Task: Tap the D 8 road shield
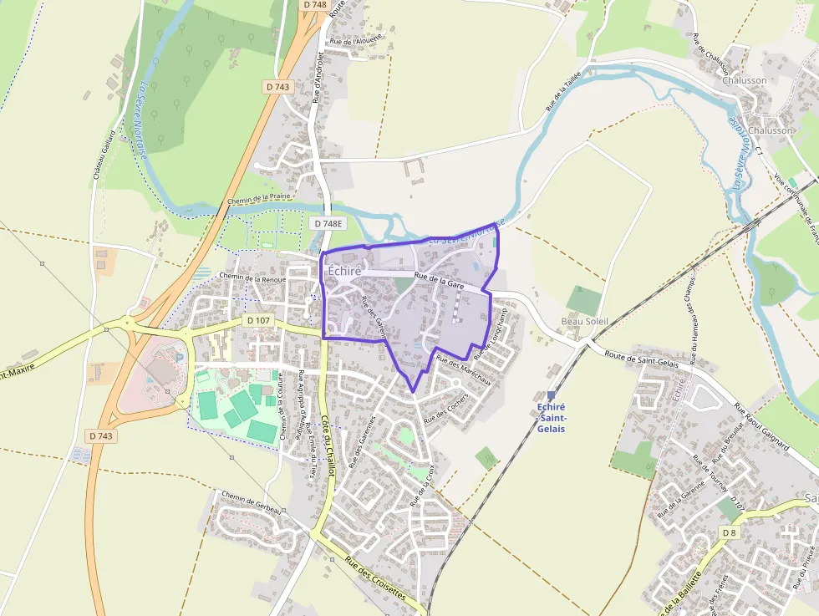729,533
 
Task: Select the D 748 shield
314,5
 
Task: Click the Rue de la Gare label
439,281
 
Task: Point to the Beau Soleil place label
584,321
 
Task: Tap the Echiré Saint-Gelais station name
551,417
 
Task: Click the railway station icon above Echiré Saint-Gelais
551,395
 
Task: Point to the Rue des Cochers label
446,407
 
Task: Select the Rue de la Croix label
422,486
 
